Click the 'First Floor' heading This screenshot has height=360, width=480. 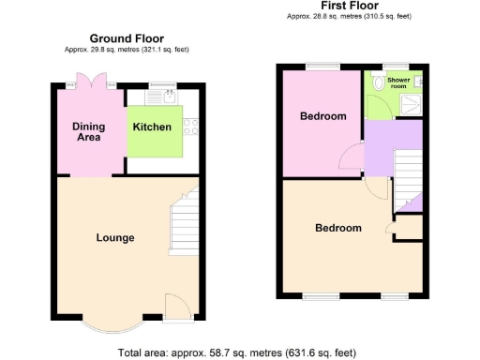342,6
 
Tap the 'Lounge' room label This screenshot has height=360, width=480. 115,237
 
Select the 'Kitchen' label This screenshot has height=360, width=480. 152,127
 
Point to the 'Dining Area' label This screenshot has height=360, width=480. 89,132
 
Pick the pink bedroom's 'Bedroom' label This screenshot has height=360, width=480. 323,116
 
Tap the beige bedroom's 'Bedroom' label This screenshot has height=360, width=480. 337,228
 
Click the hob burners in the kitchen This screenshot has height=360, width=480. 190,127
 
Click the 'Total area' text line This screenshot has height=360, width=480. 237,352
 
